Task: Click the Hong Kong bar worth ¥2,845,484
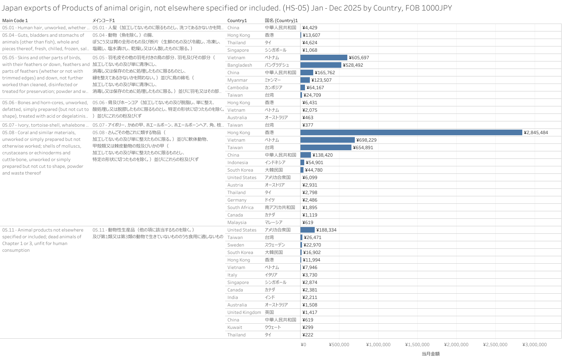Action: click(x=411, y=133)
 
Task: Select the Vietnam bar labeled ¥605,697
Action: click(x=324, y=58)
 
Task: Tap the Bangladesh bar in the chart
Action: click(x=321, y=65)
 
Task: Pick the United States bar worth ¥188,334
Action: click(x=308, y=230)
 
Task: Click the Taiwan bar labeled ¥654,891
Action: click(x=326, y=148)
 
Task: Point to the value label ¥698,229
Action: click(x=366, y=140)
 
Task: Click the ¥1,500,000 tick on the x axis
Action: click(x=417, y=345)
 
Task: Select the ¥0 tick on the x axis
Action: click(x=303, y=345)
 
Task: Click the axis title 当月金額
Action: click(x=430, y=354)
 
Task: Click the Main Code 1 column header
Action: click(x=15, y=21)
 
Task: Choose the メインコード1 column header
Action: click(x=104, y=21)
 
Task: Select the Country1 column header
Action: click(x=237, y=21)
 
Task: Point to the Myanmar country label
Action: click(x=237, y=80)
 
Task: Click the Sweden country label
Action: click(x=236, y=245)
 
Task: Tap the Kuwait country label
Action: click(x=235, y=327)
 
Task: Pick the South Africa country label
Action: click(x=240, y=208)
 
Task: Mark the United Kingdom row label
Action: click(x=244, y=312)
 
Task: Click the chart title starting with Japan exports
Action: click(x=227, y=8)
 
